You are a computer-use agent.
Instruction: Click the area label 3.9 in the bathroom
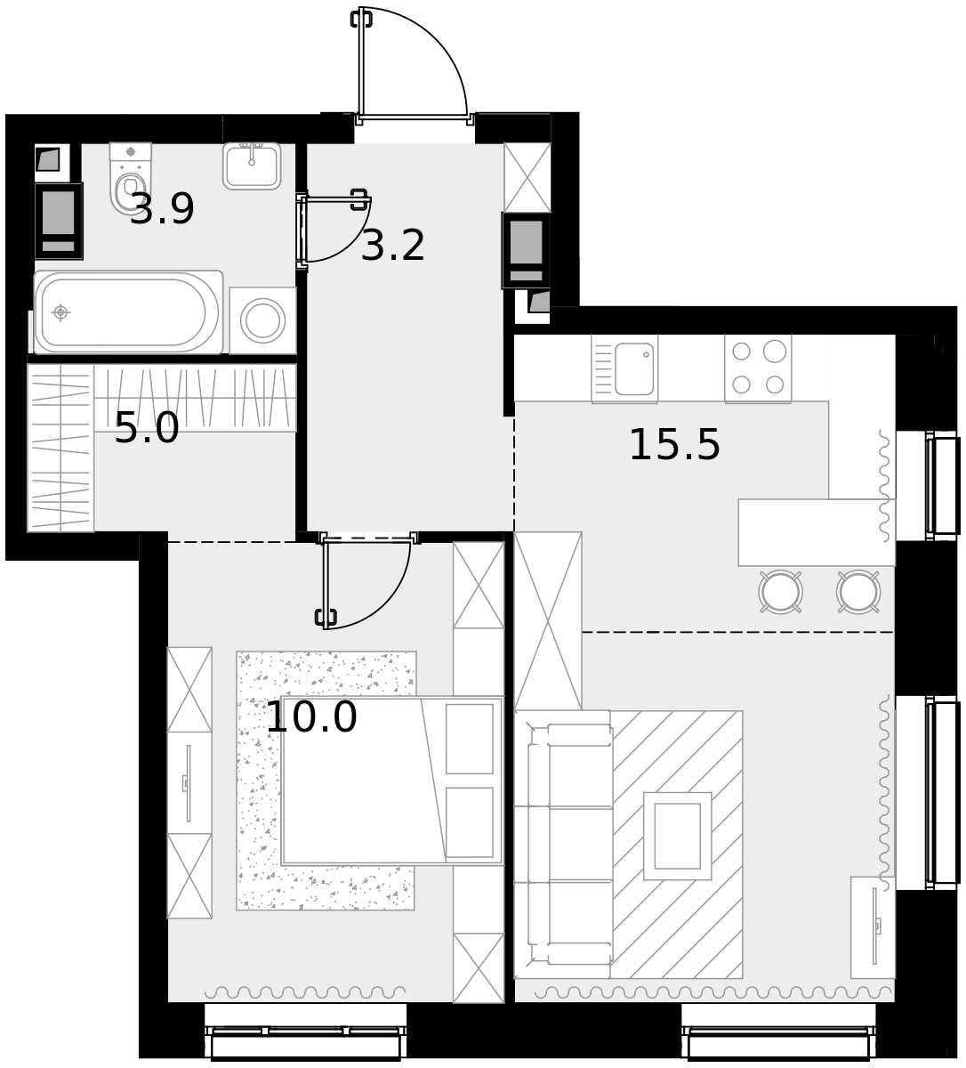(162, 209)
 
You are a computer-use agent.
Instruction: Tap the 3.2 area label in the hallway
(393, 246)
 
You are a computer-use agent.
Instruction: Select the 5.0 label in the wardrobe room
(147, 427)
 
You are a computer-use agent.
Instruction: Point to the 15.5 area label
(674, 445)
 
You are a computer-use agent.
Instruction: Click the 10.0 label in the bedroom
(311, 717)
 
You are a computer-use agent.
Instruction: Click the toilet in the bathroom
(131, 177)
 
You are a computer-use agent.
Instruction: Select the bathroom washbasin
(252, 166)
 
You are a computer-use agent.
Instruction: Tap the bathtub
(128, 312)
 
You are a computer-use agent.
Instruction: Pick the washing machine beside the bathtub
(263, 320)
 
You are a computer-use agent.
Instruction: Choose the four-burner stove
(758, 368)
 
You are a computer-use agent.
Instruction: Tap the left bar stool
(781, 592)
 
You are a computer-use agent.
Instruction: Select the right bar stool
(858, 592)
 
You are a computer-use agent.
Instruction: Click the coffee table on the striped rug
(678, 837)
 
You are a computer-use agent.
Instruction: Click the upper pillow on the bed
(470, 739)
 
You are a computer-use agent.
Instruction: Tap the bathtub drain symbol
(61, 312)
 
